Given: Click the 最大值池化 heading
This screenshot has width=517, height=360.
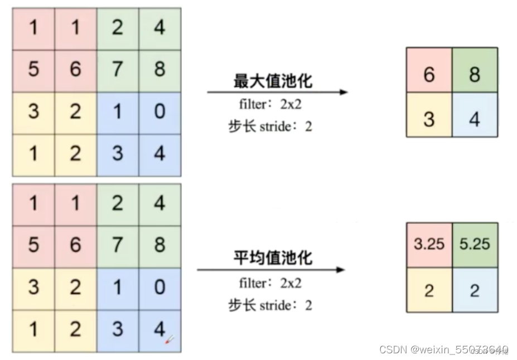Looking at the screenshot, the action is pos(273,80).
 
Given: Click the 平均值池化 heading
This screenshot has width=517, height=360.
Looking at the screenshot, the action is pos(273,258).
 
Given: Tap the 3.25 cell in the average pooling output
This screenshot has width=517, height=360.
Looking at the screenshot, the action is pos(428,244).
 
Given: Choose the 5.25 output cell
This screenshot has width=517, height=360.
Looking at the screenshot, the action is pos(475,244).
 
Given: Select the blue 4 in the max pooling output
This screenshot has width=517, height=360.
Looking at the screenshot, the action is pos(475,118).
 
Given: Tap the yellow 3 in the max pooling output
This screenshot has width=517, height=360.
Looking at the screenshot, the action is pos(428,118).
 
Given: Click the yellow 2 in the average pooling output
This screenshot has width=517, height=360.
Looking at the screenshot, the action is pos(428,290).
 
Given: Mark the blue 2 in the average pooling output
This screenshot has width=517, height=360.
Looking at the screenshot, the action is pos(475,290).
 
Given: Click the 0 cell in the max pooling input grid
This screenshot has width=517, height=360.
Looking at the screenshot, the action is pos(160,111).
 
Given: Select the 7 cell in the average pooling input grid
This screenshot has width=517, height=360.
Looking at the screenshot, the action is pos(117,245).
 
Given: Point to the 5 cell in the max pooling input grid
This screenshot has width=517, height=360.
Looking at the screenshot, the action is pos(33,69).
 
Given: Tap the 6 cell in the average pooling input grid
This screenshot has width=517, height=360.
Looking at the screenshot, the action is pos(75,245).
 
